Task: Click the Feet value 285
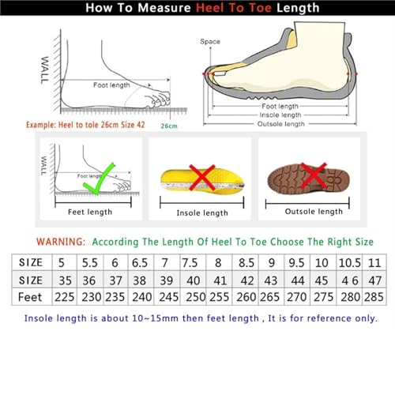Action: click(372, 297)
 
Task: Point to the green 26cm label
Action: click(168, 126)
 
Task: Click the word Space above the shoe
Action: click(210, 41)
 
